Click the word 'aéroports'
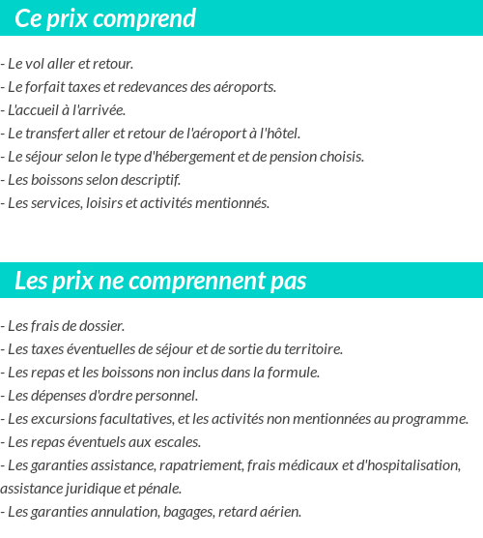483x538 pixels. [x=244, y=87]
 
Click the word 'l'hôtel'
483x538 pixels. [x=279, y=134]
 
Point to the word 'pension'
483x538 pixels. [x=289, y=157]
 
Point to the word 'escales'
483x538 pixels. [x=175, y=442]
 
